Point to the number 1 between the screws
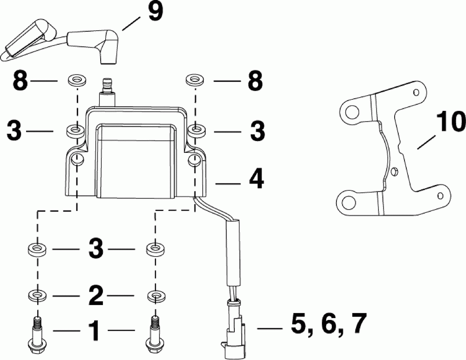click(95, 332)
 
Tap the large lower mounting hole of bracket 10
click(347, 201)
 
